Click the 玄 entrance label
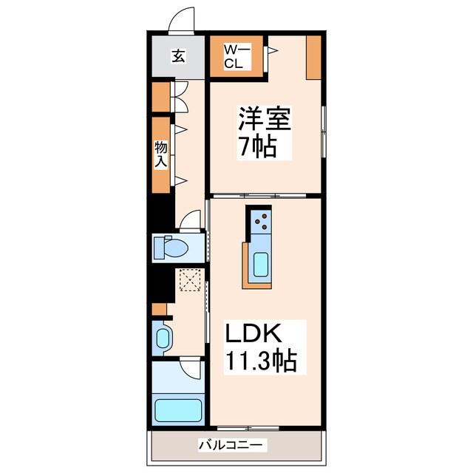point(178,56)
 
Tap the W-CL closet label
point(234,57)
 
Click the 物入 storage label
point(160,154)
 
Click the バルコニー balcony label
point(233,445)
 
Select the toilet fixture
point(169,248)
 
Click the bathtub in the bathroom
point(177,411)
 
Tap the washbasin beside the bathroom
point(163,338)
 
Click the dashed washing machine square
point(189,281)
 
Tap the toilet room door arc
point(191,220)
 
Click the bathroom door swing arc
point(191,370)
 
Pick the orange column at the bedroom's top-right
point(313,57)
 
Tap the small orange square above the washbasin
point(158,308)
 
